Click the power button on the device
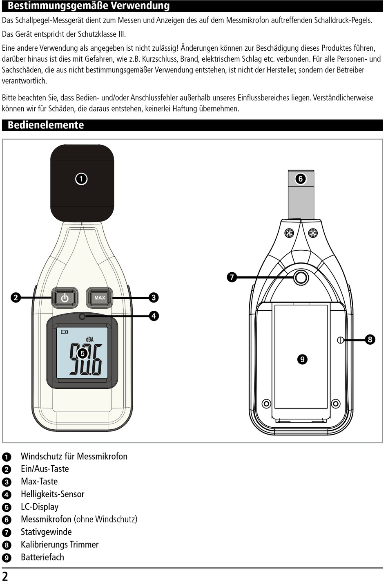click(65, 298)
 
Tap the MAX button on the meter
click(100, 298)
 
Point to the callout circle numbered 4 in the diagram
click(154, 316)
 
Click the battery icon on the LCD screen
click(65, 332)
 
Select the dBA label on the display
click(89, 339)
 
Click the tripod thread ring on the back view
click(301, 278)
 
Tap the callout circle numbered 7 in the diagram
click(232, 277)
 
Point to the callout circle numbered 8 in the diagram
click(370, 339)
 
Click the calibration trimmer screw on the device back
click(340, 340)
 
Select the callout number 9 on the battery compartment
click(302, 359)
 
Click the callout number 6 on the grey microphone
click(301, 179)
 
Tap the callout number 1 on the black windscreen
click(81, 179)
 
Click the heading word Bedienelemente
click(46, 125)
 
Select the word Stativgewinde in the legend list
click(47, 532)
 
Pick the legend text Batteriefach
click(42, 557)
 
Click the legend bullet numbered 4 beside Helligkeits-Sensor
click(7, 495)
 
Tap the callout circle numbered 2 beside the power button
click(16, 297)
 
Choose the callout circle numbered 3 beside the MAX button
click(154, 297)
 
